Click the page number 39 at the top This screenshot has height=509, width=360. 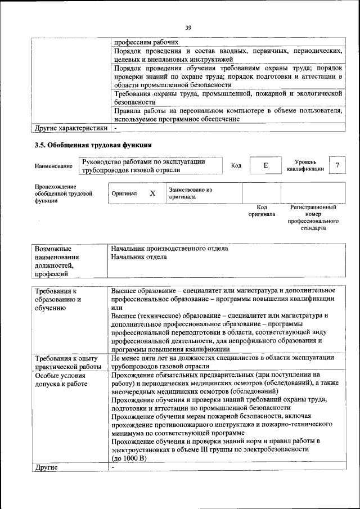188,27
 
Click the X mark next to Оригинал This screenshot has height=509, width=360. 152,193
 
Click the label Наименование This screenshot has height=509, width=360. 53,166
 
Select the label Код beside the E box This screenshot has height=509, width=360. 236,165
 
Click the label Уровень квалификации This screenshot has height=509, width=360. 305,165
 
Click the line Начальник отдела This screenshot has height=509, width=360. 139,257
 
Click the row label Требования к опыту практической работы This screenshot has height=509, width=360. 68,363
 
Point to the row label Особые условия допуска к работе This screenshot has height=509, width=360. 61,380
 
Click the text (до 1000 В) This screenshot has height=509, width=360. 129,459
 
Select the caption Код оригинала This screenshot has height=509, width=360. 262,211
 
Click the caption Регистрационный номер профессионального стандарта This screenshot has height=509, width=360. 313,218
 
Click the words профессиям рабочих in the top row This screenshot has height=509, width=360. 146,42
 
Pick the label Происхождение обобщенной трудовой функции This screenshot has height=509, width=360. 56,193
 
